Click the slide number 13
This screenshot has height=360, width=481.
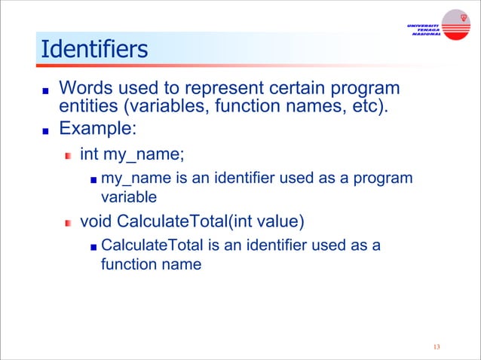pyautogui.click(x=436, y=346)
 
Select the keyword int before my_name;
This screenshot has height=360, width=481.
pyautogui.click(x=89, y=154)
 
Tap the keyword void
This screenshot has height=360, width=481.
pyautogui.click(x=96, y=222)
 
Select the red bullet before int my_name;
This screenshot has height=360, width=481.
pyautogui.click(x=69, y=156)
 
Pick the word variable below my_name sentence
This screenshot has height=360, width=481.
pyautogui.click(x=128, y=197)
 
